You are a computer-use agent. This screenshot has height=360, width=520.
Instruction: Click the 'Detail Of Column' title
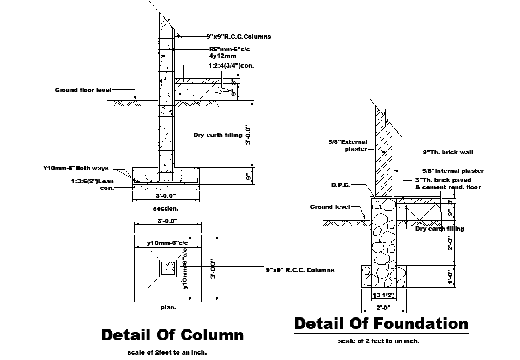point(172,335)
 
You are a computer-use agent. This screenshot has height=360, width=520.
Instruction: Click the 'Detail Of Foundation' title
point(382,323)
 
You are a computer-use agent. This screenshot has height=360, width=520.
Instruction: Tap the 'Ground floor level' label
point(83,90)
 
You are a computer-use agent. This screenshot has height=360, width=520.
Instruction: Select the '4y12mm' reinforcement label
point(222,56)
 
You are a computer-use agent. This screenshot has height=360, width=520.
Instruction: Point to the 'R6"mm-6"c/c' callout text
point(229,49)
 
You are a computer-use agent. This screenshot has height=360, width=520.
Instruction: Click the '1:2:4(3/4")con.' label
point(232,65)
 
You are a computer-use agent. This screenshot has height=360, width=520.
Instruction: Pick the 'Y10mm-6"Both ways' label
point(76,168)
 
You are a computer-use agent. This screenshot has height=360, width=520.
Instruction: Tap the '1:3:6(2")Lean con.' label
point(93,184)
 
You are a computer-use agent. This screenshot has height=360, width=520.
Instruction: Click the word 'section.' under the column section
point(166,209)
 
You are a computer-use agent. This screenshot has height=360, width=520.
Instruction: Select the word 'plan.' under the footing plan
point(168,307)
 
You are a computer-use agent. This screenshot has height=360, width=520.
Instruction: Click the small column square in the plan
point(168,268)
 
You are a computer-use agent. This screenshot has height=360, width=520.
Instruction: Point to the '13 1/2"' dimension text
point(383,295)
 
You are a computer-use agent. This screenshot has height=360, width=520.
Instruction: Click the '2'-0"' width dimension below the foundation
point(383,308)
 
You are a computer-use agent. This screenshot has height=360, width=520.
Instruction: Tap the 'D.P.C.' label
point(341,185)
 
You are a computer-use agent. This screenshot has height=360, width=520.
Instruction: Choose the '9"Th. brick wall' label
point(448,152)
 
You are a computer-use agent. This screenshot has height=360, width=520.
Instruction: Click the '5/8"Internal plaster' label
point(453,171)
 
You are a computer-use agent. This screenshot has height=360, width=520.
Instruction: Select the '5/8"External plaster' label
point(348,145)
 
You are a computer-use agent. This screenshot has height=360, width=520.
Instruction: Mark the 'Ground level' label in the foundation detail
point(330,207)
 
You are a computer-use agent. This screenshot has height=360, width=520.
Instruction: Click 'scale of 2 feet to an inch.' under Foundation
point(379,341)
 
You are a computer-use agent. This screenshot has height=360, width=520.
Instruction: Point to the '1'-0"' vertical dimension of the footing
point(450,277)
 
